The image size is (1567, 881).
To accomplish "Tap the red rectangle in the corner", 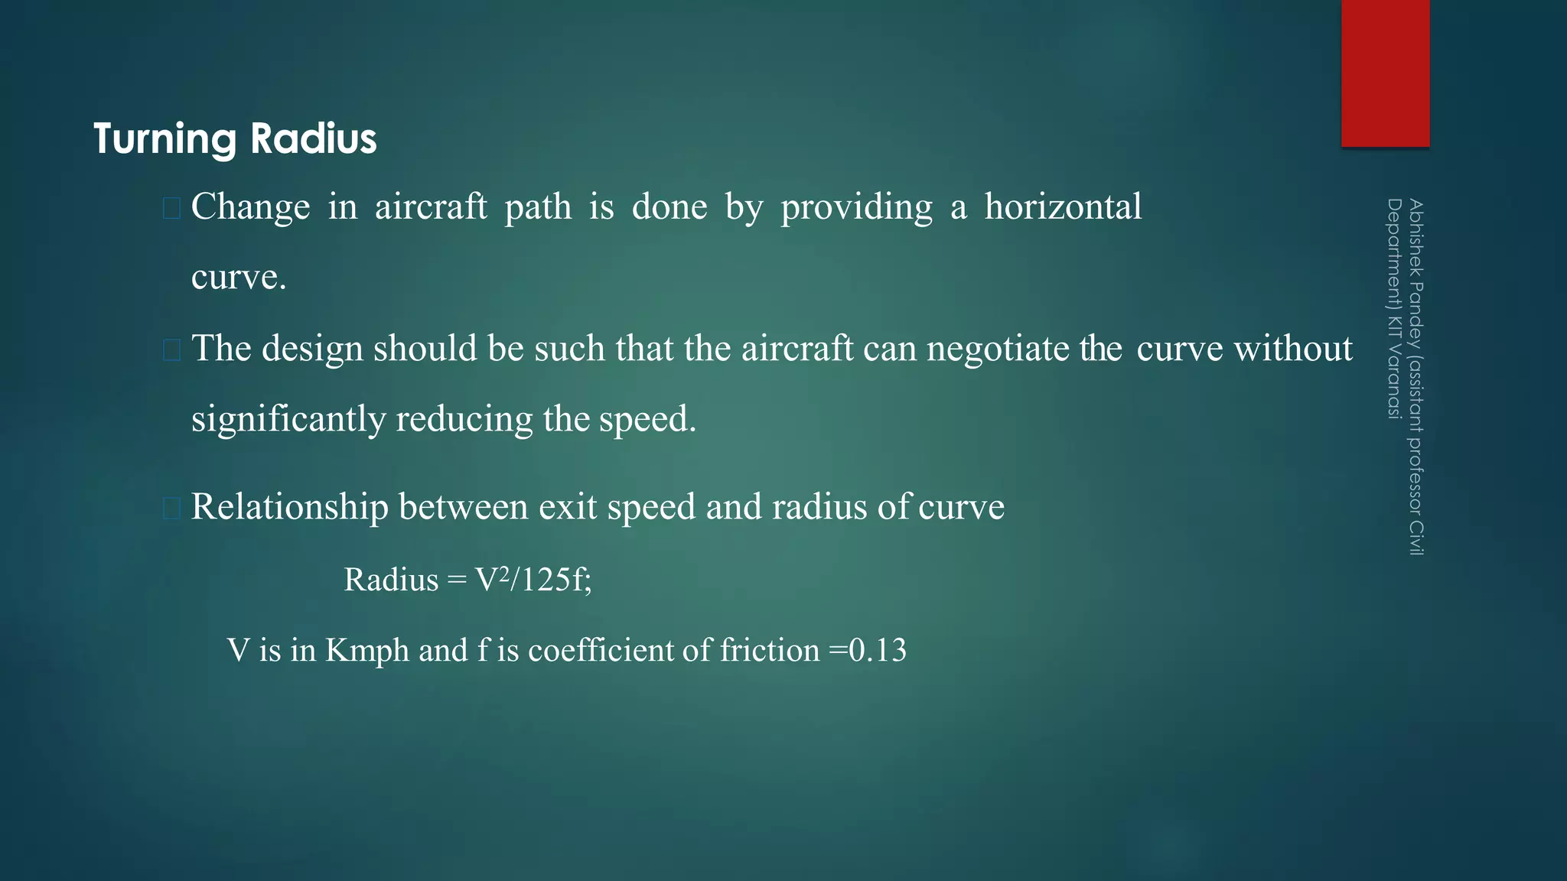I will [1385, 73].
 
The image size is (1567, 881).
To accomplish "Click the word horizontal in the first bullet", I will [1063, 206].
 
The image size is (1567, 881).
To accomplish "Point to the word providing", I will [856, 208].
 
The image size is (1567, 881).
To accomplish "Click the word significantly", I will [288, 419].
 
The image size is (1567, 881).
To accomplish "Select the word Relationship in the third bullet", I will [289, 507].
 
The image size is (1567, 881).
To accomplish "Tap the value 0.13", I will [878, 650].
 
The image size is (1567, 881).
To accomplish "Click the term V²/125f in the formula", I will [533, 580].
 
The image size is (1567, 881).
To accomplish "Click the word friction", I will [770, 650].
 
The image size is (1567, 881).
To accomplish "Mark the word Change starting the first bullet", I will [250, 207].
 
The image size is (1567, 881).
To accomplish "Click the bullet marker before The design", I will [171, 350].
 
